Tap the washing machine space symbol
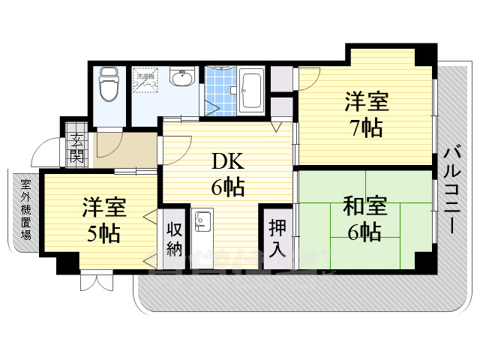(x=145, y=81)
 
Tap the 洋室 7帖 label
(x=364, y=114)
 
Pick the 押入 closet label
(x=276, y=238)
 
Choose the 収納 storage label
(x=174, y=239)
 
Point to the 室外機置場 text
(x=25, y=209)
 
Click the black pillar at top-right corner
(x=425, y=55)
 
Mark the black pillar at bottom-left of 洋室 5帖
(x=67, y=262)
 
